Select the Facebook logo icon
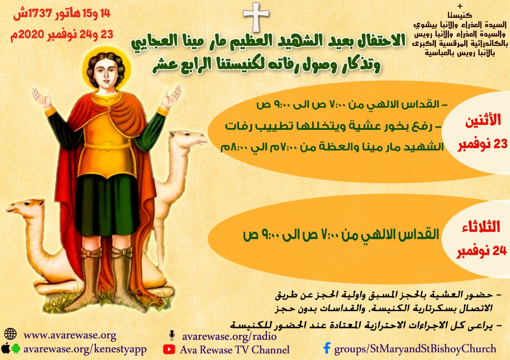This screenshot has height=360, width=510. coord(327,348)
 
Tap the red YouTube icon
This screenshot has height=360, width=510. coord(169,349)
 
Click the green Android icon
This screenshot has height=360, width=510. coord(16,348)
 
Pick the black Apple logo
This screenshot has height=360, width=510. coord(6,348)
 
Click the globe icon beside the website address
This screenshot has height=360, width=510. coord(10,334)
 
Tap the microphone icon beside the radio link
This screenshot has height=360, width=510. coord(172,335)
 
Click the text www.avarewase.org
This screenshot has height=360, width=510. coord(70,335)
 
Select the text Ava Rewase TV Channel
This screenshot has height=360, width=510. coord(235,350)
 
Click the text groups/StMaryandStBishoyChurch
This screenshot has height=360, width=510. coord(415,348)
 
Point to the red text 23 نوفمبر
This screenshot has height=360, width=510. coord(483,144)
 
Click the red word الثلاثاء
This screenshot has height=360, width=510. coord(481,227)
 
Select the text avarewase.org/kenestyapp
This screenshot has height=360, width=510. coord(85,349)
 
